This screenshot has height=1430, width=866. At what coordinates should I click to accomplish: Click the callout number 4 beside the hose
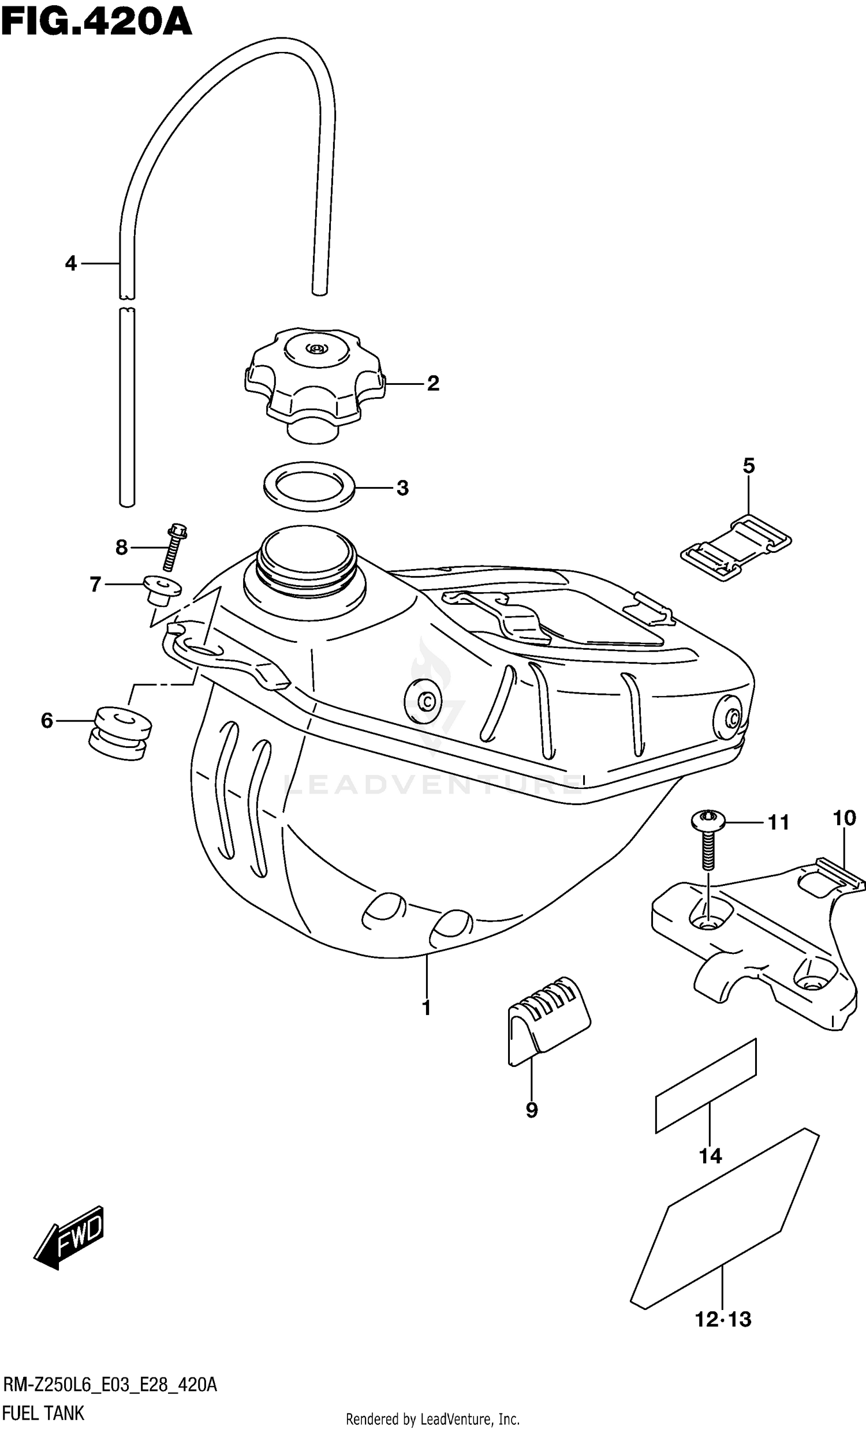click(70, 264)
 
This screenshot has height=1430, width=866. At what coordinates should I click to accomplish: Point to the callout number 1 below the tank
click(426, 1008)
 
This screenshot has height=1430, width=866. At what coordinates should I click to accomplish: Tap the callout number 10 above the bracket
click(844, 818)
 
